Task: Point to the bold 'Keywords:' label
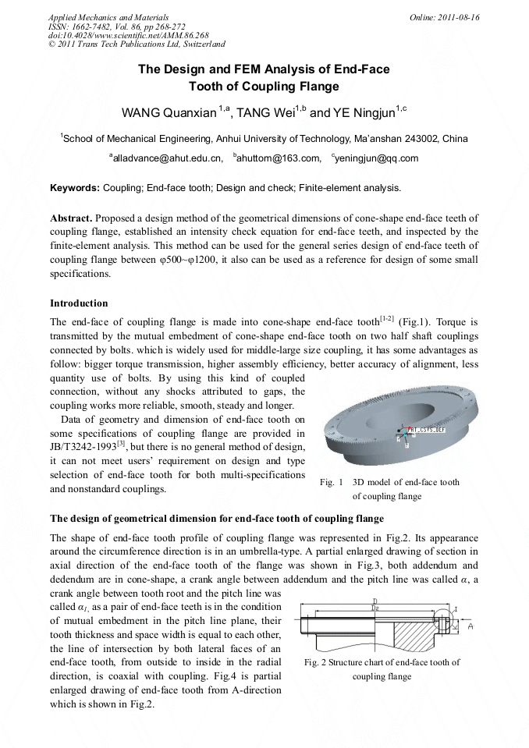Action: (74, 188)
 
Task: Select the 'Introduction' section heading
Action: (79, 303)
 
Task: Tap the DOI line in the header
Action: (117, 36)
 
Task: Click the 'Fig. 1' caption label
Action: (332, 482)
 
